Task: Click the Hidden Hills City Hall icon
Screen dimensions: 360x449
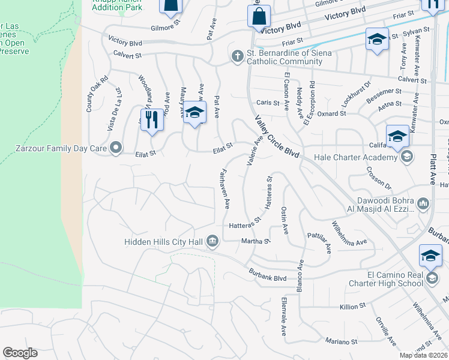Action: [x=212, y=241]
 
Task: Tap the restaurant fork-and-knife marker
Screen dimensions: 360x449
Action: [x=152, y=119]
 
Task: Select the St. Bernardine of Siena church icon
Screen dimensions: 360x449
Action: [x=238, y=56]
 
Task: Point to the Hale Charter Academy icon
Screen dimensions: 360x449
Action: [x=407, y=157]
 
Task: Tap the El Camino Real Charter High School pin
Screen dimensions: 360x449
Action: [x=430, y=256]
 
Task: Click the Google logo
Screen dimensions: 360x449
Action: [x=20, y=353]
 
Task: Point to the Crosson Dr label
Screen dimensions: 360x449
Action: [x=379, y=178]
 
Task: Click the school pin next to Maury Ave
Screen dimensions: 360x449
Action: [x=194, y=113]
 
